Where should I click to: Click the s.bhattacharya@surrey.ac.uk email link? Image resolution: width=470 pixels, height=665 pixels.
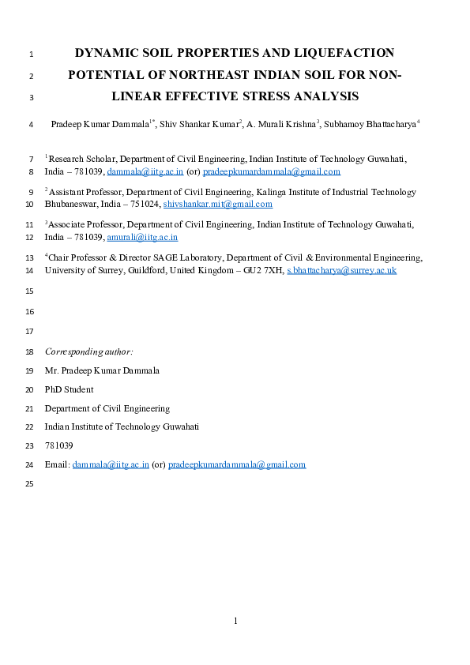coord(341,270)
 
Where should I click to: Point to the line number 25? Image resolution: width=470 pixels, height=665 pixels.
coord(30,484)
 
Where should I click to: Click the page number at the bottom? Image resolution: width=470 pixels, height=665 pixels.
coord(235,621)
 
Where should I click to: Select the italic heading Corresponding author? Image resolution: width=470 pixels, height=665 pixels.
coord(88,351)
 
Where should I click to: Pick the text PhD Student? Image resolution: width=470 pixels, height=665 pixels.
coord(69,389)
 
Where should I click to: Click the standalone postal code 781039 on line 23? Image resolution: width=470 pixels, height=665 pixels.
coord(59,445)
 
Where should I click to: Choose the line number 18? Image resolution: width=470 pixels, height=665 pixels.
coord(30,351)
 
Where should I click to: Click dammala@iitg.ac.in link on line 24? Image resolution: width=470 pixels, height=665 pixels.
coord(111,464)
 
